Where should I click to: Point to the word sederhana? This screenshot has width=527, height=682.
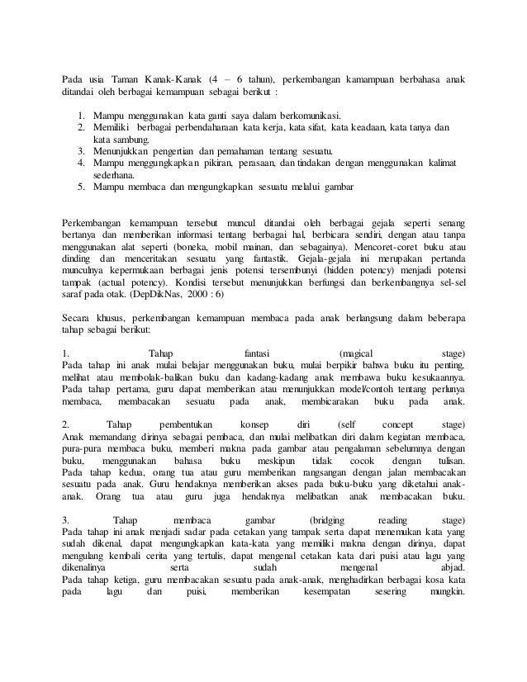point(117,175)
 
